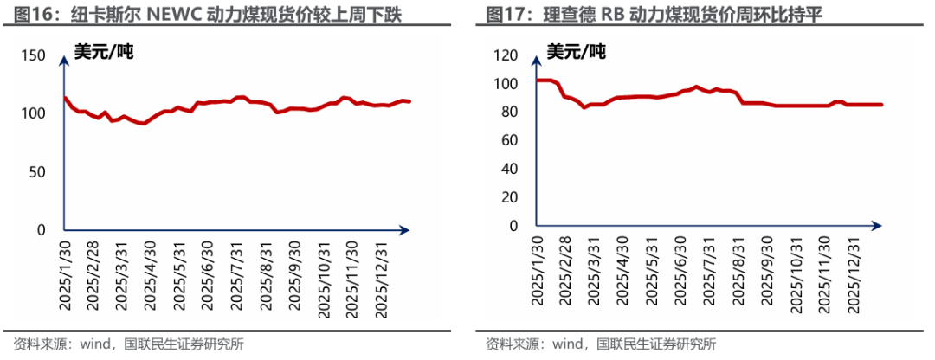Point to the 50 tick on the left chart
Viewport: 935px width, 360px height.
coord(37,172)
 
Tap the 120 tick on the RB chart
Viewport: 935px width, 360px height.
coord(504,55)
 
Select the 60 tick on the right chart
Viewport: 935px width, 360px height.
coord(508,140)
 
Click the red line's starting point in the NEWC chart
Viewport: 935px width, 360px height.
coord(65,98)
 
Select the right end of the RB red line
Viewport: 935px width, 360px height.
coord(880,105)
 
